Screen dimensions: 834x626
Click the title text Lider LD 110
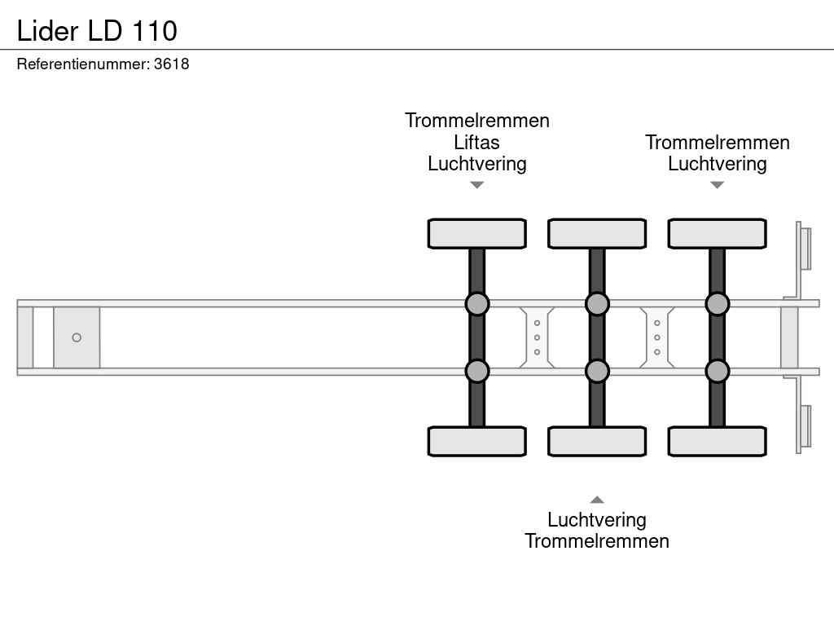[97, 31]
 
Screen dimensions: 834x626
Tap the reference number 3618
[171, 64]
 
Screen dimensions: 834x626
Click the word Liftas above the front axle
[476, 142]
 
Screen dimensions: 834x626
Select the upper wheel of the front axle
[477, 233]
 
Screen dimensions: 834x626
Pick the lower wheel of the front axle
[477, 441]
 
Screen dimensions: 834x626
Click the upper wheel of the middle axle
[597, 233]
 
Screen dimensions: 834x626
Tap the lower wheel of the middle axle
[597, 441]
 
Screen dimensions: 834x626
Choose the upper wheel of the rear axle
[717, 233]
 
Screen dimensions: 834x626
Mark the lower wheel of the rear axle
[717, 441]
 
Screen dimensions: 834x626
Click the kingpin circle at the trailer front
[77, 337]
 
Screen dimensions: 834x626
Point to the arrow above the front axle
[477, 185]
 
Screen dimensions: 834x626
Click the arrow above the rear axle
[717, 185]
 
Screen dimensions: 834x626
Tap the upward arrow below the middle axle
[597, 500]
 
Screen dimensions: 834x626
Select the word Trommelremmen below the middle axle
[597, 541]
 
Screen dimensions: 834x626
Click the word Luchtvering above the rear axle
[717, 163]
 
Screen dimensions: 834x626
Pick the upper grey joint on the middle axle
[597, 304]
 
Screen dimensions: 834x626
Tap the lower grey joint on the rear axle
[717, 371]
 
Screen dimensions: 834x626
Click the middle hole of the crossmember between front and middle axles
[537, 337]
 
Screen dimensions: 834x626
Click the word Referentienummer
[83, 64]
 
